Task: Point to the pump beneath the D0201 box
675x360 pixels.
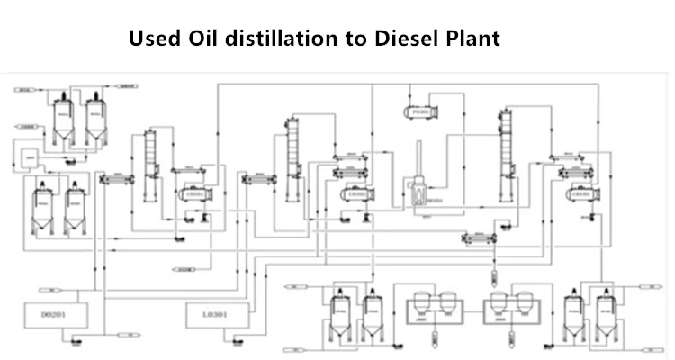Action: (x=73, y=340)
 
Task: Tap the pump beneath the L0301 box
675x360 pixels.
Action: (x=237, y=340)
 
